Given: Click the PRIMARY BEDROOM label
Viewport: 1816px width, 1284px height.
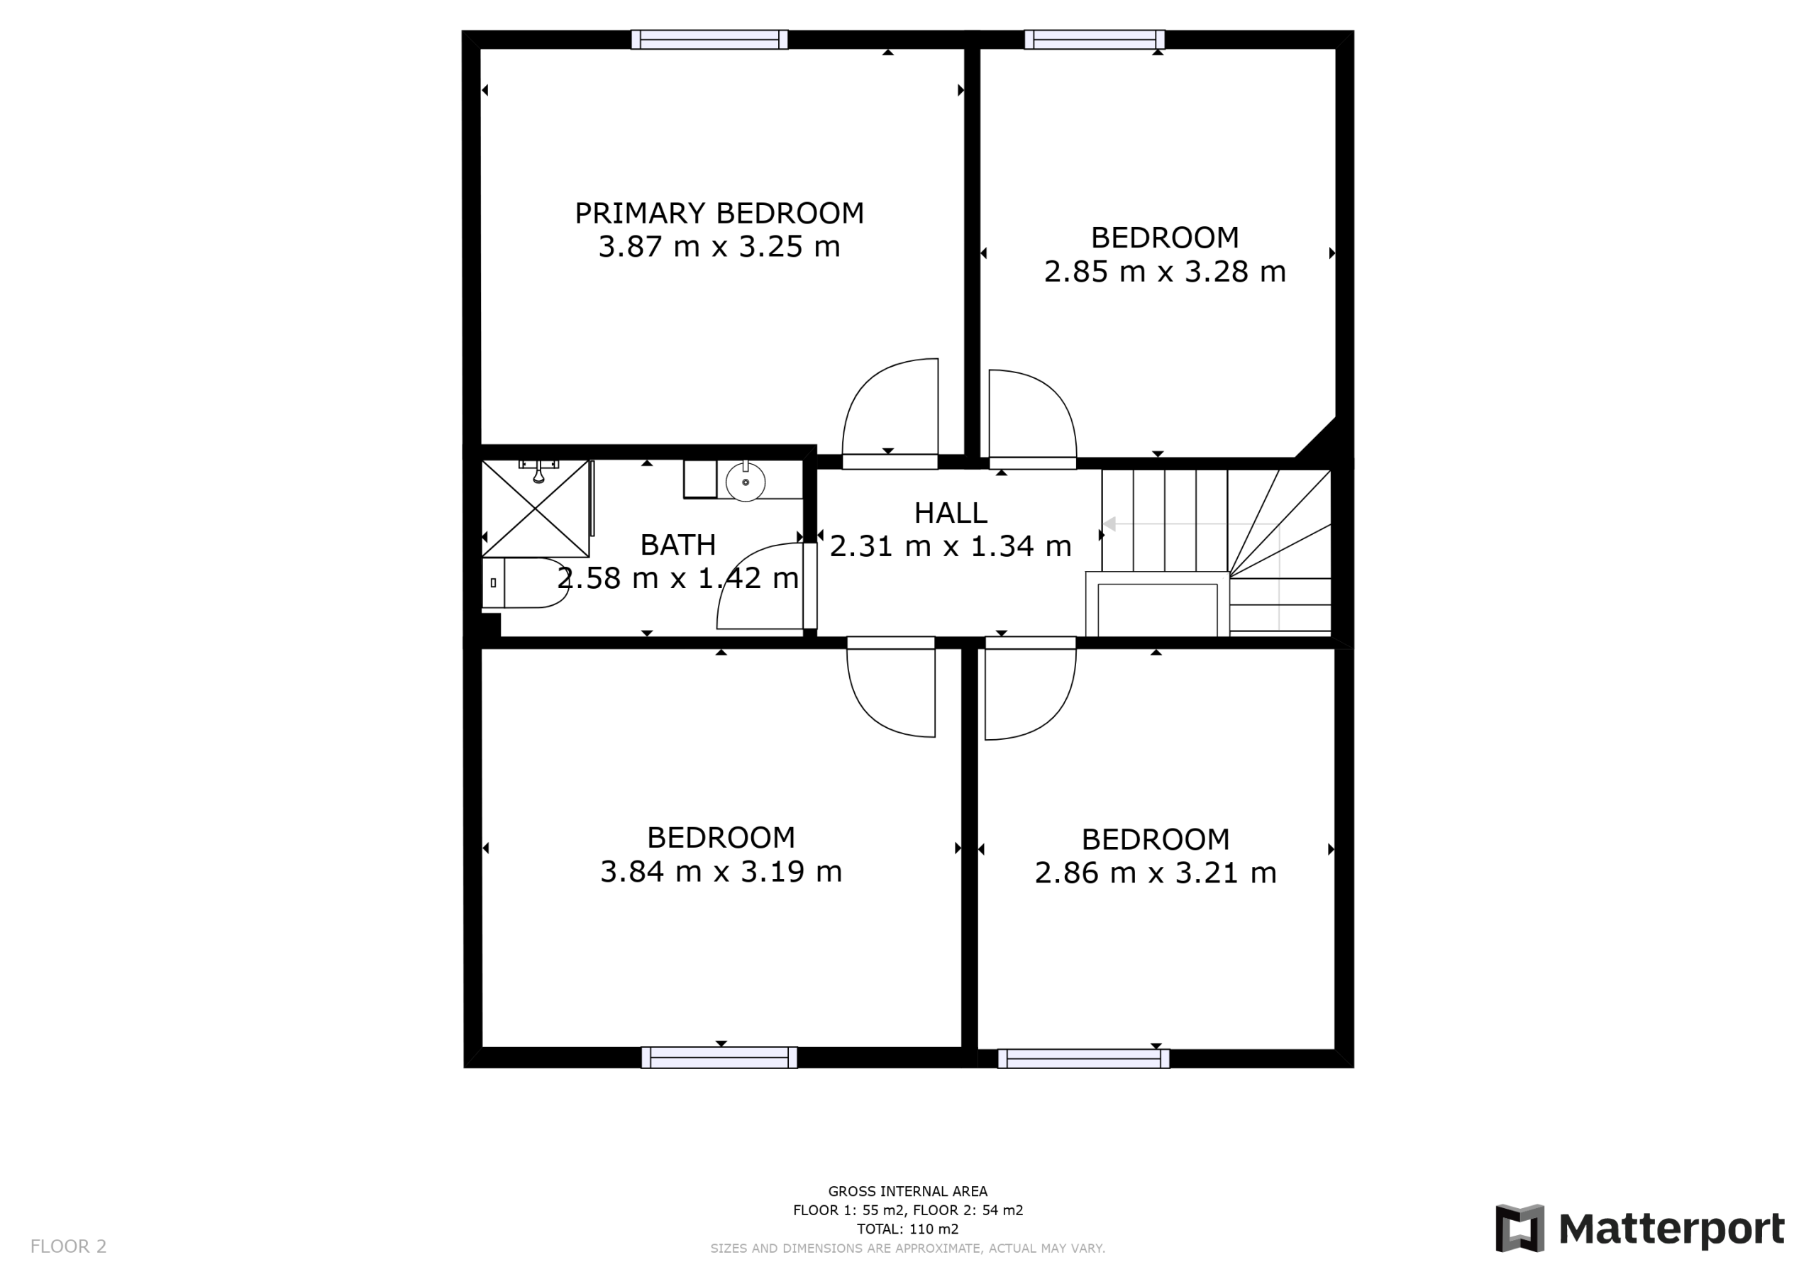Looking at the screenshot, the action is point(719,213).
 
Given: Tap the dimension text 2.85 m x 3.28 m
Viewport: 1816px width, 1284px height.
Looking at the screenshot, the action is point(1164,272).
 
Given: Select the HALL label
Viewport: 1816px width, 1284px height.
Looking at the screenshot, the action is point(951,513).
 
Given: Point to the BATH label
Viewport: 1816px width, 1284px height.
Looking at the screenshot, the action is point(678,544).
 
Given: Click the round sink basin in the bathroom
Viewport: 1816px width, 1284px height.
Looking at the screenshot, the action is point(745,481).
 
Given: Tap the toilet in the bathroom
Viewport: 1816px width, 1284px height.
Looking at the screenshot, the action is point(526,582).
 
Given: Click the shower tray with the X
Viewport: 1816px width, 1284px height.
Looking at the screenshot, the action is point(536,509).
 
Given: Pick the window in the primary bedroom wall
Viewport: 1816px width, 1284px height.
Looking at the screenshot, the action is point(709,40).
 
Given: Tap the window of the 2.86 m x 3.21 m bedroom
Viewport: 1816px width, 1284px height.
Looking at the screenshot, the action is point(1084,1058).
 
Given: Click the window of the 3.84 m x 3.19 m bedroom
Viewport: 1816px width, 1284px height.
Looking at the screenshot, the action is point(719,1058).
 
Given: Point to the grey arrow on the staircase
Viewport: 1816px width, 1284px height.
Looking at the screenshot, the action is point(1191,524).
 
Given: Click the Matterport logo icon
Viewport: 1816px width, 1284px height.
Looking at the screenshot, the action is point(1519,1229).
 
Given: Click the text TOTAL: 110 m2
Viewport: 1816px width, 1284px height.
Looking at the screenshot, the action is point(907,1229).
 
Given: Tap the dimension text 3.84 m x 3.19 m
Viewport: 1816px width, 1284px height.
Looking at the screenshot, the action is point(721,871).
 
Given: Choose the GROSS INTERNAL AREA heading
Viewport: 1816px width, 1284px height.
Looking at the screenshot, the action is point(907,1190).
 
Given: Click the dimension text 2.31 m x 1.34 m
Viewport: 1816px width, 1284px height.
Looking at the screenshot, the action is point(950,546).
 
